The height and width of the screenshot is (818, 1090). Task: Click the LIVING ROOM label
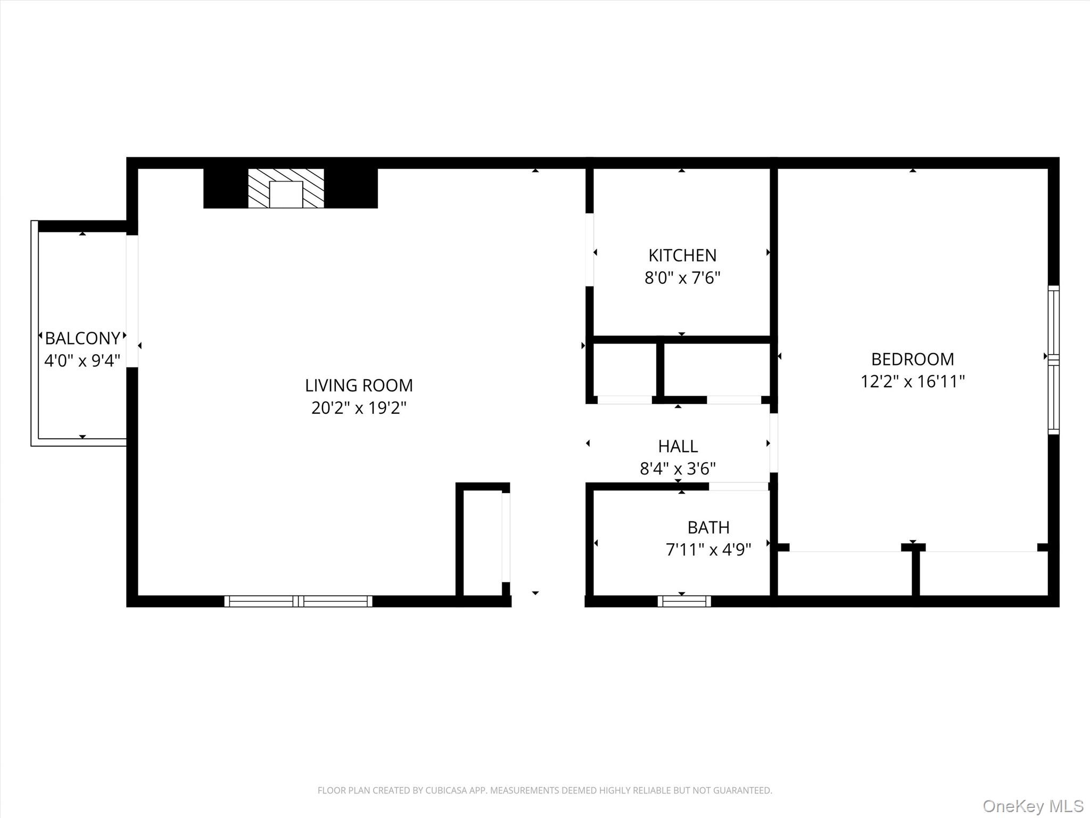pyautogui.click(x=359, y=385)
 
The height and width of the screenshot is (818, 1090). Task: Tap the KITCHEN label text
pyautogui.click(x=682, y=256)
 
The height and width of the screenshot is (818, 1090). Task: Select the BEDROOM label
pyautogui.click(x=912, y=359)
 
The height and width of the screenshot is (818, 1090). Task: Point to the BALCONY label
pyautogui.click(x=82, y=338)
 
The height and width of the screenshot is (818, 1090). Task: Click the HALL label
pyautogui.click(x=678, y=446)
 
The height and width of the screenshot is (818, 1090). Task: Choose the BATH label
pyautogui.click(x=708, y=527)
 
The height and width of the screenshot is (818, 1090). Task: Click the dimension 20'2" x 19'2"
pyautogui.click(x=359, y=408)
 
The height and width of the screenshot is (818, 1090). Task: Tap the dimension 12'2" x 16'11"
pyautogui.click(x=912, y=382)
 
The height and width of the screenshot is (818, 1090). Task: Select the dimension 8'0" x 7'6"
pyautogui.click(x=682, y=278)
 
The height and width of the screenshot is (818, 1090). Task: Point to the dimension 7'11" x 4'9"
pyautogui.click(x=708, y=550)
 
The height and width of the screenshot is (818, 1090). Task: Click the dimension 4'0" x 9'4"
pyautogui.click(x=82, y=361)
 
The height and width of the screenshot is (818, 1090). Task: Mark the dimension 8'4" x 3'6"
pyautogui.click(x=678, y=469)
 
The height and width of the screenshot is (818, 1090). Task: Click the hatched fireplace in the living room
pyautogui.click(x=286, y=188)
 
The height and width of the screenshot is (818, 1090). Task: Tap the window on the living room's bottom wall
pyautogui.click(x=298, y=601)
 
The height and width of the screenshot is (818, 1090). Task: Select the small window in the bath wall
pyautogui.click(x=684, y=601)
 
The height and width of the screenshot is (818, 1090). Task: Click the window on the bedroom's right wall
pyautogui.click(x=1053, y=359)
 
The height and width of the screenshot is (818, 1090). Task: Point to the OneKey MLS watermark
pyautogui.click(x=1033, y=806)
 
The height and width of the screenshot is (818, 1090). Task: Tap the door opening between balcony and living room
pyautogui.click(x=132, y=301)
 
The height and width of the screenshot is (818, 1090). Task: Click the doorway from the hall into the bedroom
pyautogui.click(x=773, y=443)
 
